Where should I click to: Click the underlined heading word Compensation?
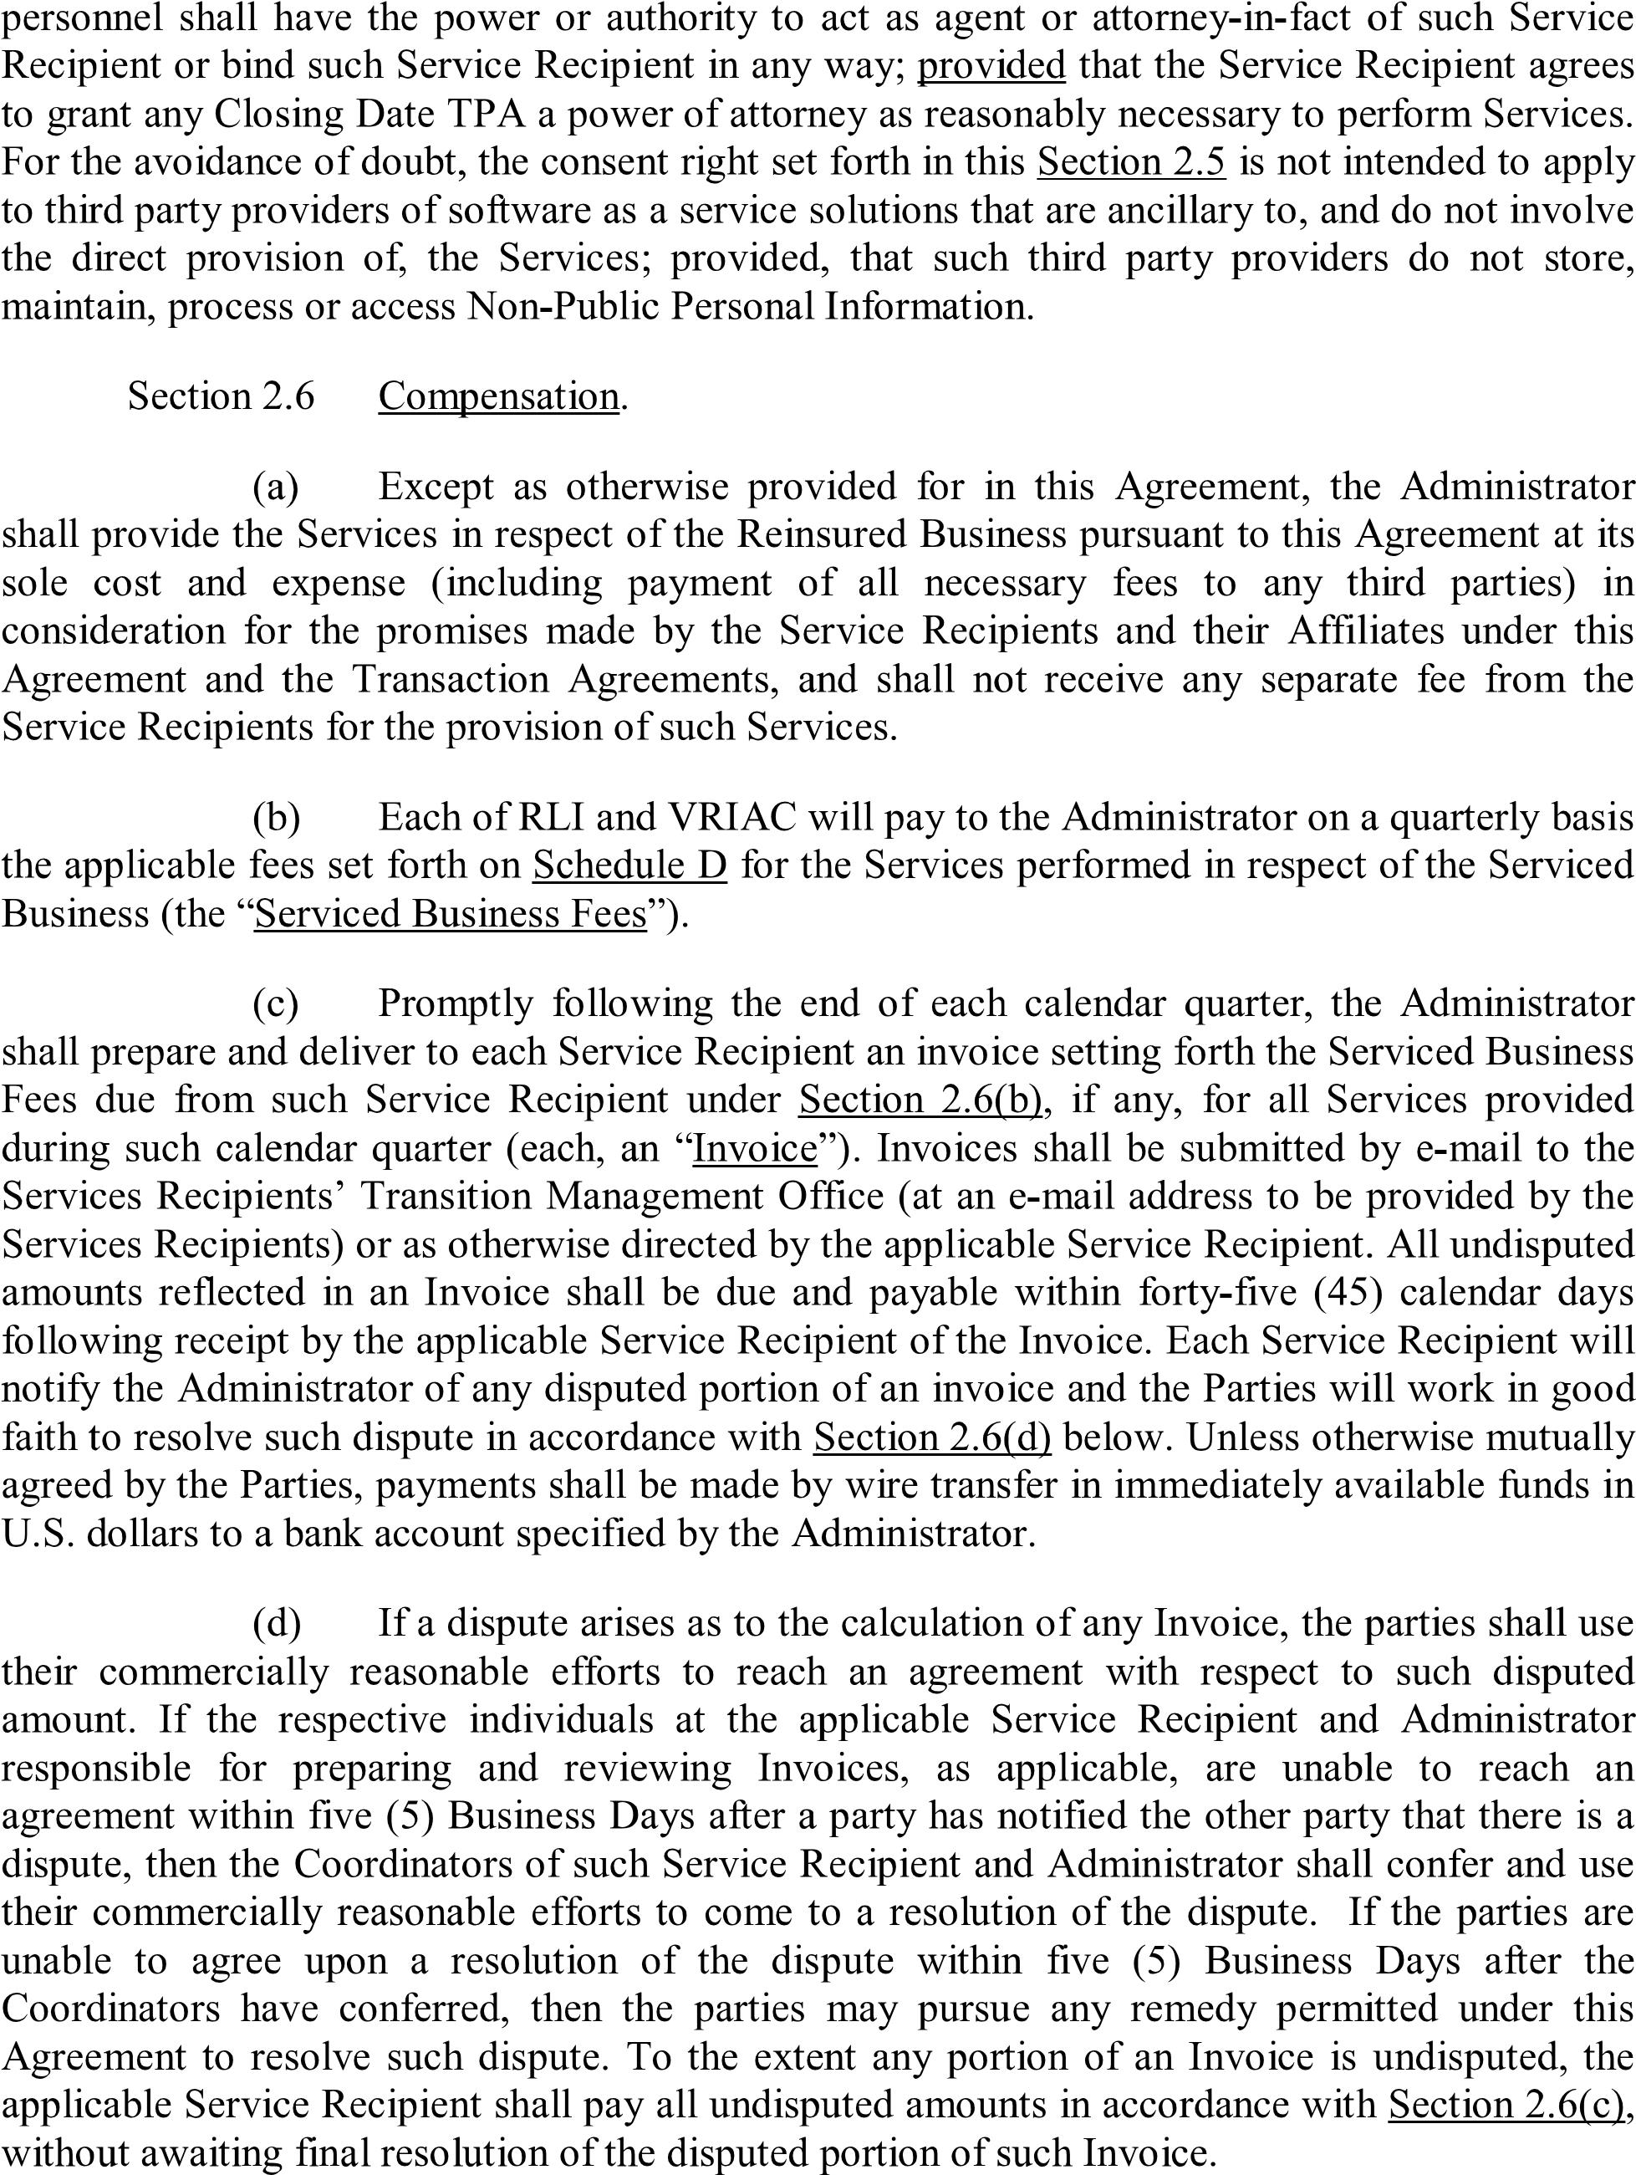tap(498, 396)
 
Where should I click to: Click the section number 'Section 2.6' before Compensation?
tap(222, 396)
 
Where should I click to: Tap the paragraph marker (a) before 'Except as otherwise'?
tap(276, 487)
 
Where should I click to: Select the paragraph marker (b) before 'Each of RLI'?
tap(276, 817)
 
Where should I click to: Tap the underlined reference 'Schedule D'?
tap(629, 865)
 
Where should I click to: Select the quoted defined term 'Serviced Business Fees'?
tap(451, 913)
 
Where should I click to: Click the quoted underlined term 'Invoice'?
tap(755, 1147)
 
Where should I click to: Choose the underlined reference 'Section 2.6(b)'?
tap(920, 1100)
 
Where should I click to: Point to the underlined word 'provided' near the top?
tap(991, 66)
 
